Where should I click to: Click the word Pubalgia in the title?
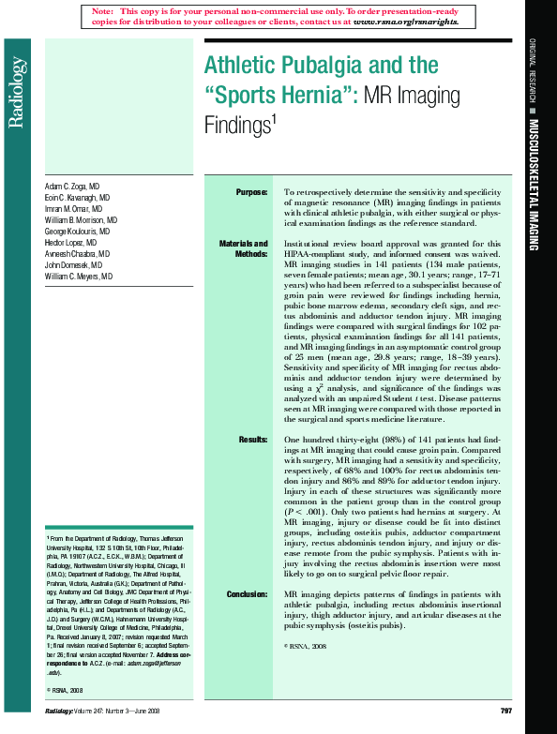point(305,65)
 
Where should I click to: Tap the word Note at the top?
point(101,10)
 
